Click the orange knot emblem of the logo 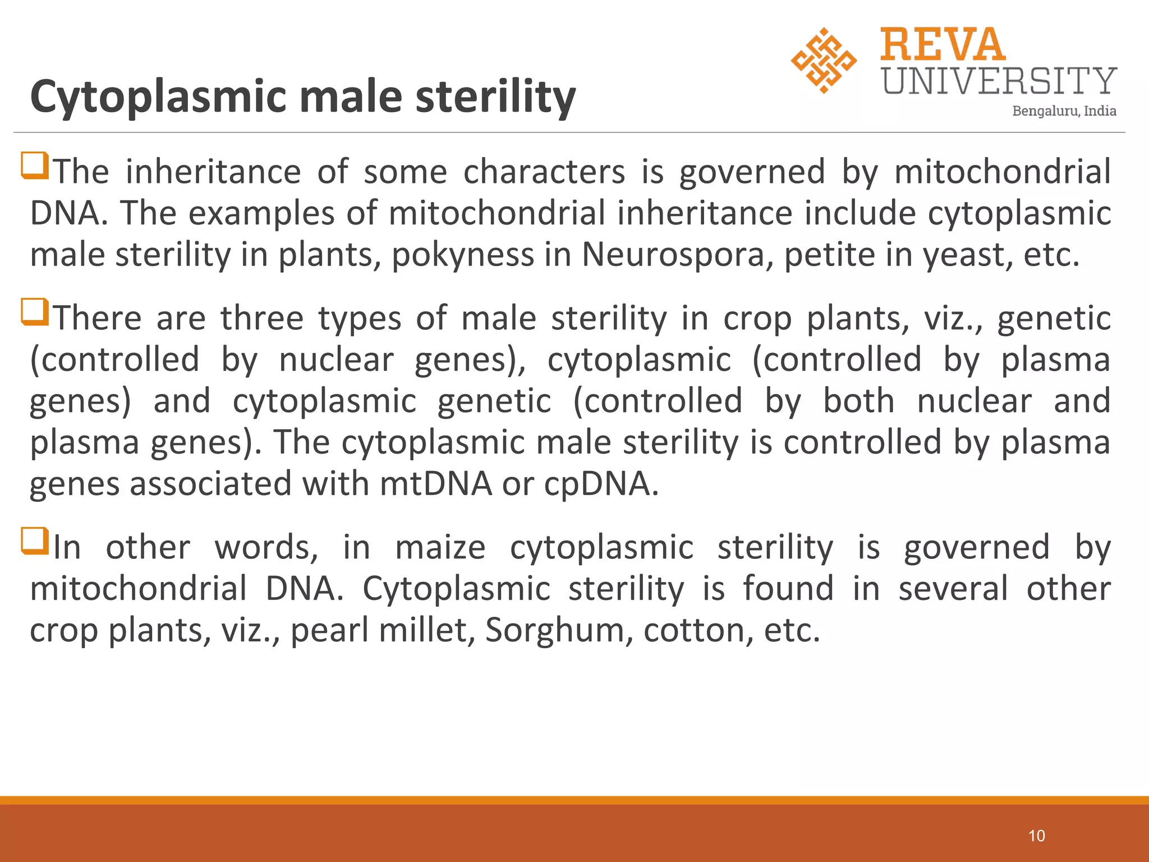click(824, 60)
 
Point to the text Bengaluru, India click(1064, 111)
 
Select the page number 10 click(1036, 836)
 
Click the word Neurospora click(673, 255)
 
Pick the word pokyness click(462, 256)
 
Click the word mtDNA click(435, 484)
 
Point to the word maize click(440, 548)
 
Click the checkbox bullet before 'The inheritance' click(35, 166)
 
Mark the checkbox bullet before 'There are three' click(35, 312)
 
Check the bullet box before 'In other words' click(35, 541)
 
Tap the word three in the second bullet click(262, 319)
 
